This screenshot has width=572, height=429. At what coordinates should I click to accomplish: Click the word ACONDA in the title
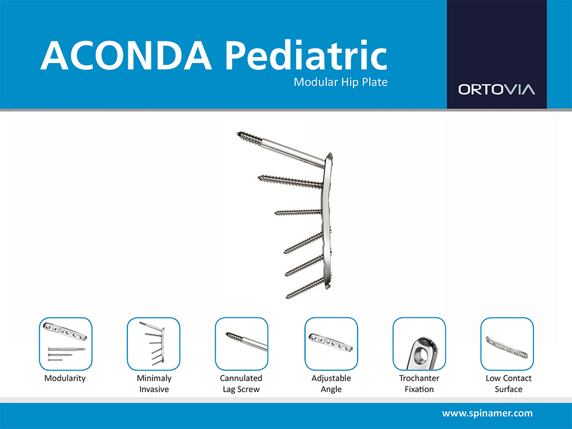pos(126,55)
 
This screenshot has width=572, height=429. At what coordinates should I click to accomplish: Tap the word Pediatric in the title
pos(306,54)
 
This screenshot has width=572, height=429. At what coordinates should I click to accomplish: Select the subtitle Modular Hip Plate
pos(341,82)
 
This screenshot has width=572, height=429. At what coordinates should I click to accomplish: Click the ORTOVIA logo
pos(497,89)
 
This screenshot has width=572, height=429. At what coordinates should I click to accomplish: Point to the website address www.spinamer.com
pos(487,413)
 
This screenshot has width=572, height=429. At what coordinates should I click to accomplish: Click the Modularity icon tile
pos(66,344)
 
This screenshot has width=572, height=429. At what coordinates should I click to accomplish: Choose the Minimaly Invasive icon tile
pos(154,344)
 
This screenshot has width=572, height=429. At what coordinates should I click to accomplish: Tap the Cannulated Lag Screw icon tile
pos(241,344)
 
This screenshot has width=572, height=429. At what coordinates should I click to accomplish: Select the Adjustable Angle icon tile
pos(331,344)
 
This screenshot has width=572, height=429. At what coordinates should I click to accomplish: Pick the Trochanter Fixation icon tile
pos(419,344)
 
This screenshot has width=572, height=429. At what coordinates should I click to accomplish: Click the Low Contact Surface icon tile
pos(507,344)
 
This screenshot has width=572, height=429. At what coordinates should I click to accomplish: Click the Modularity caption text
pos(65,378)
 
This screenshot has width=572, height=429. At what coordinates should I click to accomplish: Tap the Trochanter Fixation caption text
pos(419,383)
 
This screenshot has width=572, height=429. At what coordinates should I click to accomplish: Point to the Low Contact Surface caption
pos(508,383)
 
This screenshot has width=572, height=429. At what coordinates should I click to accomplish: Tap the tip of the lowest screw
pos(287,297)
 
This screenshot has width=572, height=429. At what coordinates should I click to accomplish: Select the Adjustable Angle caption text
pos(331,383)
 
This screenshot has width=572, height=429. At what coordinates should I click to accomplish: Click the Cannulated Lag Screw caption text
pos(241,383)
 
